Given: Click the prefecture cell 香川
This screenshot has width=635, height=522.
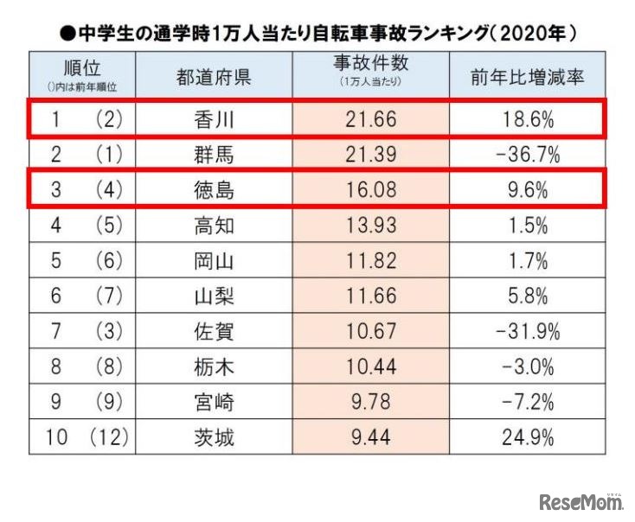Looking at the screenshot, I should point(214,120).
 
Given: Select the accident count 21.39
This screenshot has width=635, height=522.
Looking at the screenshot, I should point(371,156).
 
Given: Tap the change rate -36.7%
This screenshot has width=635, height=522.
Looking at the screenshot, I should point(528,156).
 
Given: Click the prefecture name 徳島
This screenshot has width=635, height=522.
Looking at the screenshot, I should point(214,191).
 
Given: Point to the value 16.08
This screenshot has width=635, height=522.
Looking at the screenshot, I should point(371,191).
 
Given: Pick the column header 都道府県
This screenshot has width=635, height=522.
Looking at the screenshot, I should point(214,77).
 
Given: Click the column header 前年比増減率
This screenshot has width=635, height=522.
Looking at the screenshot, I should point(528,77).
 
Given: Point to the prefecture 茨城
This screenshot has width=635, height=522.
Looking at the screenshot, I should point(214,438).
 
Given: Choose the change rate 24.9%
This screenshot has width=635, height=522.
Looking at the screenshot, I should point(528,438).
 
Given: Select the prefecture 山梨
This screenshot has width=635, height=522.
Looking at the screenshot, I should point(214,296).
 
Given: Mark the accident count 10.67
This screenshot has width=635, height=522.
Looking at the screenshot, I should point(371,332).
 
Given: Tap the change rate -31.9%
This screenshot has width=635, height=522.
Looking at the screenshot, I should point(528,332).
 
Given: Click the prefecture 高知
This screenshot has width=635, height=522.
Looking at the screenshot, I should point(214,226).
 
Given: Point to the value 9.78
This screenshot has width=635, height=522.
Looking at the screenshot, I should point(371,403).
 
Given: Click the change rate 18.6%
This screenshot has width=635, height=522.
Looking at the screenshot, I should point(528,120).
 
